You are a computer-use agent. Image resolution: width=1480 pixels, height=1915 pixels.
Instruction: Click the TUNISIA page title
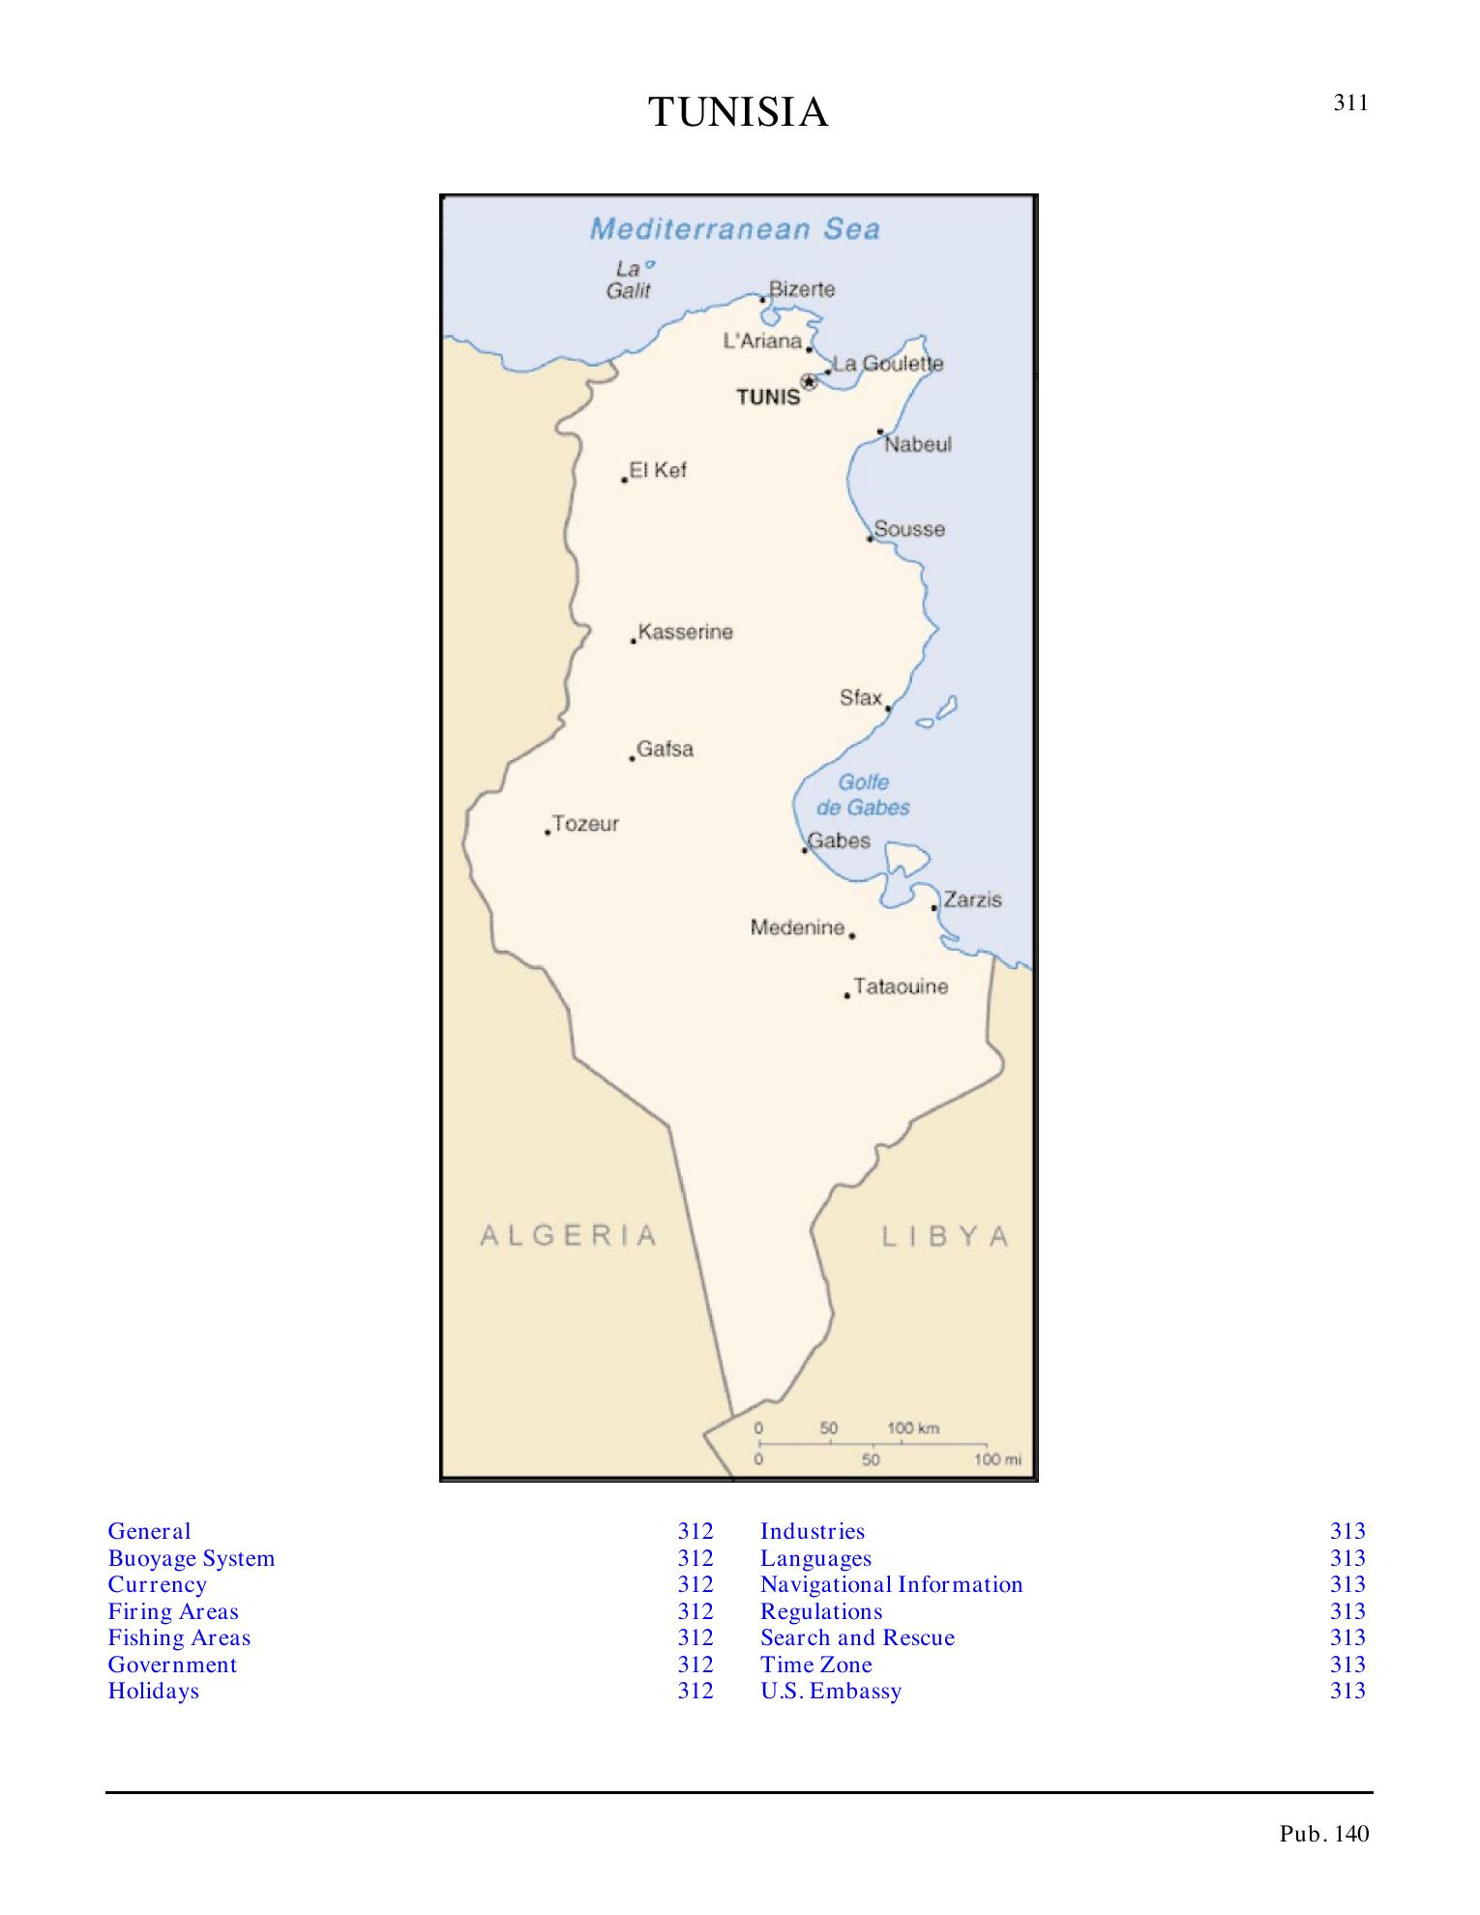(738, 113)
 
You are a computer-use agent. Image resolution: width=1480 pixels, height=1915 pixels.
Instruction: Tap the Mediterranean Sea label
(735, 229)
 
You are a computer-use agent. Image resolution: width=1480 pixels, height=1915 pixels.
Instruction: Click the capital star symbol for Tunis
(809, 382)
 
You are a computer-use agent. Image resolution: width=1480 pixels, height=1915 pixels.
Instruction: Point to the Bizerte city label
(801, 289)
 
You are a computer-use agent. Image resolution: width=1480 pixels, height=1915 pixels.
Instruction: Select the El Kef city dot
(624, 480)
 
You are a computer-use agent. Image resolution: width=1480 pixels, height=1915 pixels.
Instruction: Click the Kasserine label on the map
(685, 633)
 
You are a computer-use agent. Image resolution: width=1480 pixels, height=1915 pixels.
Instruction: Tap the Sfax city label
(860, 698)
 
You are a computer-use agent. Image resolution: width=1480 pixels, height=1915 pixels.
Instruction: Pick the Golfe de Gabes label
(863, 795)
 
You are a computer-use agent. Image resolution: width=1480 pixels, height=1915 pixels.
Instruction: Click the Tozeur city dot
(547, 833)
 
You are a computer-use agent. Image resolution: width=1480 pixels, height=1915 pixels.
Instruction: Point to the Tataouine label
(901, 987)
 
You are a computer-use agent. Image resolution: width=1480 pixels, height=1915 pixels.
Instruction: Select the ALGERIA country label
(569, 1235)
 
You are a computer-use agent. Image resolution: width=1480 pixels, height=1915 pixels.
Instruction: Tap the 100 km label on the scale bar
(913, 1429)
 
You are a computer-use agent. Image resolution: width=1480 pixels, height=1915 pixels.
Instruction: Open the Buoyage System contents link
(192, 1558)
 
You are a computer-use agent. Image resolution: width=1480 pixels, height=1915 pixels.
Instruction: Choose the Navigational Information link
(891, 1584)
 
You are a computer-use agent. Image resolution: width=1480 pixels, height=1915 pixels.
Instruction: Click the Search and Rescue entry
(857, 1637)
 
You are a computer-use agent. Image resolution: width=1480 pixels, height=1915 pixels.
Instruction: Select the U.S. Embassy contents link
(830, 1691)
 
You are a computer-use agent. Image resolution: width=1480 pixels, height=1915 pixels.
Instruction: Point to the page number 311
(1350, 103)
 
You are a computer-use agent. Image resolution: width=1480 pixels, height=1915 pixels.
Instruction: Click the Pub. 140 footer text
(1324, 1834)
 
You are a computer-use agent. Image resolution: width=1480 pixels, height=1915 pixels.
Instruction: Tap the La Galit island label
(629, 280)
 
